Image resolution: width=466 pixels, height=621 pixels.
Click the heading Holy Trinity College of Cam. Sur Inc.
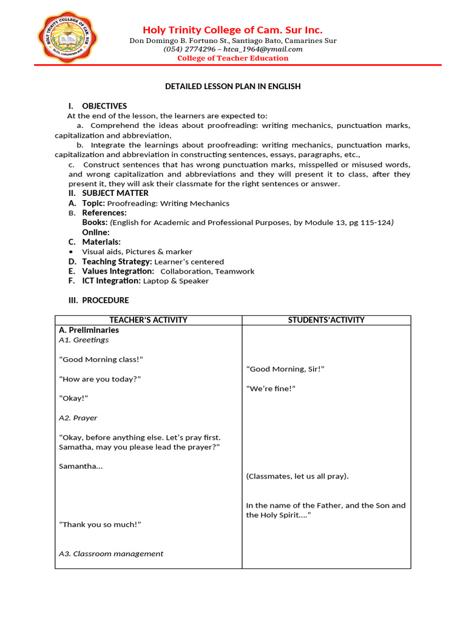pyautogui.click(x=232, y=30)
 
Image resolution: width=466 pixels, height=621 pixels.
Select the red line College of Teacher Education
pyautogui.click(x=232, y=58)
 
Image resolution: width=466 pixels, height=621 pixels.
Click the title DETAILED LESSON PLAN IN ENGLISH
pyautogui.click(x=232, y=86)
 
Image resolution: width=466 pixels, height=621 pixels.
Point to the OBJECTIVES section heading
pyautogui.click(x=104, y=106)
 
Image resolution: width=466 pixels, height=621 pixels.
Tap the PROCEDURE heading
pyautogui.click(x=106, y=300)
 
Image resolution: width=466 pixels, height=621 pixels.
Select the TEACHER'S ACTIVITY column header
pyautogui.click(x=148, y=320)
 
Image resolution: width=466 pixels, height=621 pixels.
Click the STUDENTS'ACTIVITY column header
pyautogui.click(x=326, y=320)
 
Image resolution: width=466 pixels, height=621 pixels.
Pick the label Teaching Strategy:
pyautogui.click(x=117, y=261)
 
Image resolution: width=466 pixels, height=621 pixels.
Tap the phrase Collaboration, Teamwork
pyautogui.click(x=208, y=271)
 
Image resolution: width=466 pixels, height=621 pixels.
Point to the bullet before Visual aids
pyautogui.click(x=72, y=252)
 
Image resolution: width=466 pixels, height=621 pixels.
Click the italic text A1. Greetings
pyautogui.click(x=84, y=340)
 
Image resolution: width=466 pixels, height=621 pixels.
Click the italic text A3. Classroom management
pyautogui.click(x=111, y=554)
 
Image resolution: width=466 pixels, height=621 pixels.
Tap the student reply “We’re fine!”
pyautogui.click(x=271, y=388)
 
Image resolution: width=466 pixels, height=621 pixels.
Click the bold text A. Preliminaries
pyautogui.click(x=89, y=330)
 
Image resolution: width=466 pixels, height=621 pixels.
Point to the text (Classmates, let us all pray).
pyautogui.click(x=297, y=476)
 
